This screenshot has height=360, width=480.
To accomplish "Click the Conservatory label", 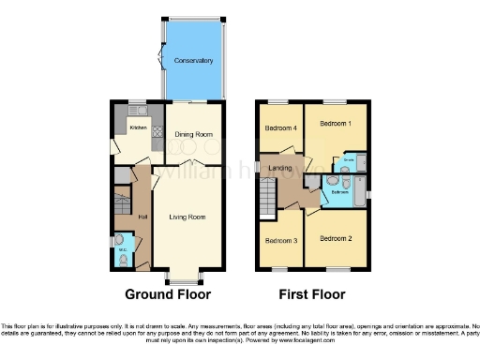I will tap(192, 61).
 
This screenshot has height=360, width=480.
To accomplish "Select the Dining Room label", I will tap(194, 134).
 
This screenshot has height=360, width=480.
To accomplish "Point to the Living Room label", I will tap(187, 217).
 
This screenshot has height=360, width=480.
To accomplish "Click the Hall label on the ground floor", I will tap(142, 217).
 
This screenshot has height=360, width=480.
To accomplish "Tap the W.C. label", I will tap(123, 250).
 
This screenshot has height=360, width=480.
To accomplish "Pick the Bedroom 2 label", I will tap(336, 238).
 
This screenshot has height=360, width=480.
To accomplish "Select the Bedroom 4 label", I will tap(279, 127).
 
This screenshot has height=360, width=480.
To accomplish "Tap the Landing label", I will tap(281, 169).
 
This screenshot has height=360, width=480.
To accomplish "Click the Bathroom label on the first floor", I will tap(339, 192).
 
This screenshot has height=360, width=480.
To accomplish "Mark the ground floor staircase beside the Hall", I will tap(121, 203).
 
